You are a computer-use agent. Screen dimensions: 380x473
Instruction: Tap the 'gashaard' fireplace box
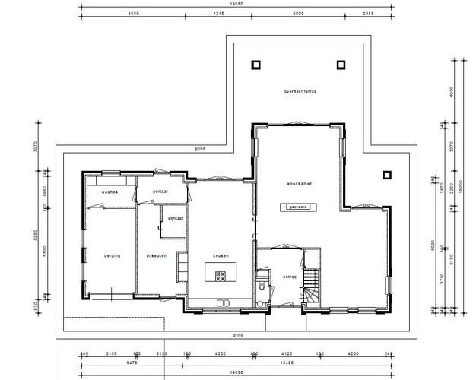pos(296,206)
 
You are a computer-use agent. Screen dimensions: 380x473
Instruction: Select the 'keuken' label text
pos(221,256)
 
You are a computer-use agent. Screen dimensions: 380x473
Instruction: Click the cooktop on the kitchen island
pos(221,275)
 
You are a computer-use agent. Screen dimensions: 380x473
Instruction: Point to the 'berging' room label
pos(113,256)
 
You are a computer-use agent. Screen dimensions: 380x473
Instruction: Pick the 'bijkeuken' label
pos(157,256)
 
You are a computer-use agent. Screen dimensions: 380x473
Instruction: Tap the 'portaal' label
pos(160,192)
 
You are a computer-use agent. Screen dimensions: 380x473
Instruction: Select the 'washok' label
pos(109,192)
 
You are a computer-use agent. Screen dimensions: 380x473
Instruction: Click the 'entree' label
pos(289,277)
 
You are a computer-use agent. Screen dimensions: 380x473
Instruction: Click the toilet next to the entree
pos(262,287)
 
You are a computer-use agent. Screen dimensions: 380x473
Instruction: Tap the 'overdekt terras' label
pos(300,91)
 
